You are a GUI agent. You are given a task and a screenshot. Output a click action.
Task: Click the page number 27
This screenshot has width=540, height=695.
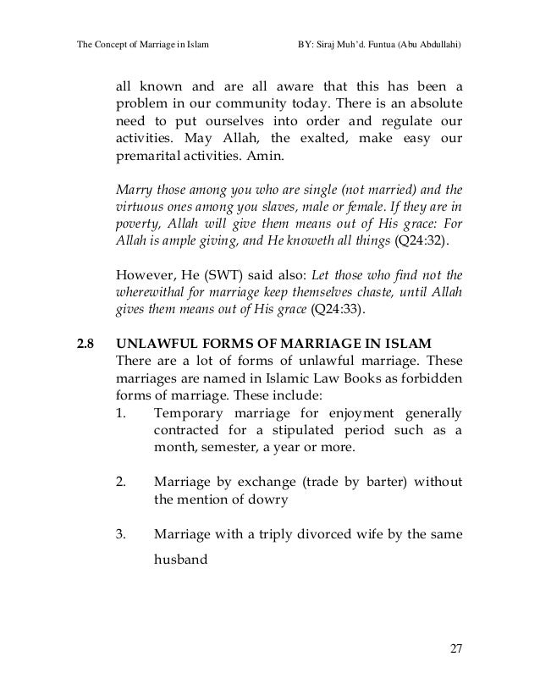[457, 649]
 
